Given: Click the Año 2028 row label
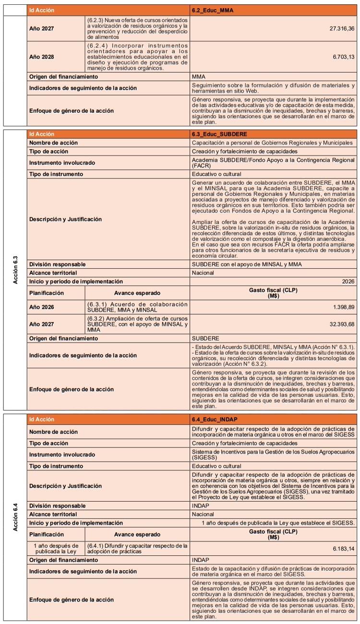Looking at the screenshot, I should pos(42,57).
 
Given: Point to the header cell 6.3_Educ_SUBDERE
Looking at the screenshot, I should pos(219,134).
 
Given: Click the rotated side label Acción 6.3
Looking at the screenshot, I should pos(15,269).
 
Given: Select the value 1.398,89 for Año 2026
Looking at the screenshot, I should pos(341,306).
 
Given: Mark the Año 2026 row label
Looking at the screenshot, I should pos(42,306).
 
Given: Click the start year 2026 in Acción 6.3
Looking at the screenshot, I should pos(346,281).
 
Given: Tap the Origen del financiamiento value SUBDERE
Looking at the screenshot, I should pos(205,338).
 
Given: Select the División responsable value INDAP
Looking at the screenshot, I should pos(200,505).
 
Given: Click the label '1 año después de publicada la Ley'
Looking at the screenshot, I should pos(56,548).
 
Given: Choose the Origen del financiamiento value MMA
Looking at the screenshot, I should pos(199,76).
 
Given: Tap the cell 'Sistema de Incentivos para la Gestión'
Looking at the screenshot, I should pos(273,455).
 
